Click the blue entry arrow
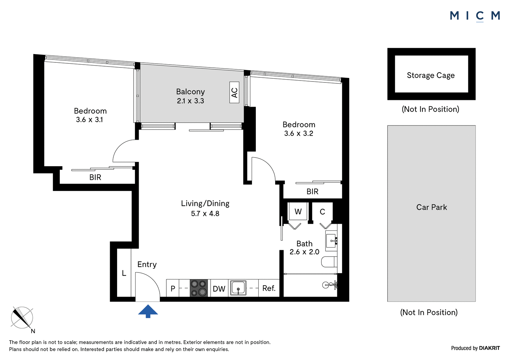point(148,311)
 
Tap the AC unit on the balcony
point(234,92)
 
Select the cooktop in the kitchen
point(199,288)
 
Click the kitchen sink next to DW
point(238,288)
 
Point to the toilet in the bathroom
point(329,262)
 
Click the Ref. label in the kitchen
point(269,288)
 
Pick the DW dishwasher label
point(219,289)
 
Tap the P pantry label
point(173,289)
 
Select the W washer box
point(298,211)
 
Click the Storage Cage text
point(431,75)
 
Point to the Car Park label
point(431,207)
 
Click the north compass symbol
point(22,318)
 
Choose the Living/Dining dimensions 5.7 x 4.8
point(205,214)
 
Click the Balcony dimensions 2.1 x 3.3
point(191,101)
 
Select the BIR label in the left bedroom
point(95,177)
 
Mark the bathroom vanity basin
point(331,241)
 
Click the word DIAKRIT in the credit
point(490,348)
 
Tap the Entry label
point(147,265)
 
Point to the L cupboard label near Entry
point(124,273)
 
